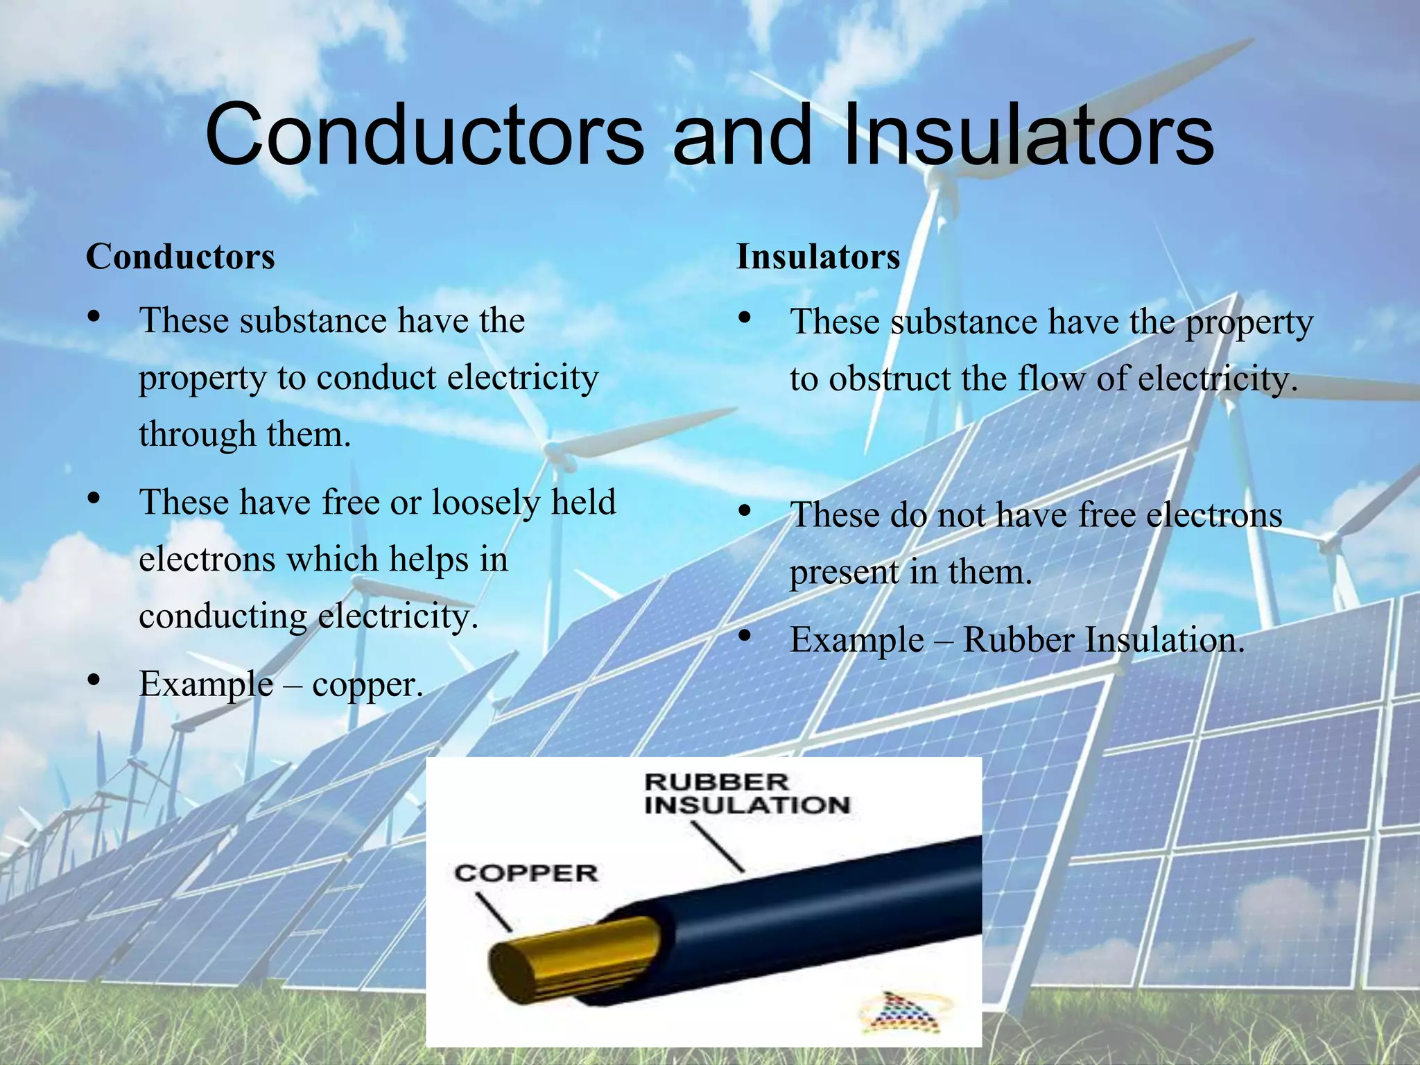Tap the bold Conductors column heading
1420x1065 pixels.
click(180, 257)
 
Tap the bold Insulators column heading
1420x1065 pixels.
click(818, 257)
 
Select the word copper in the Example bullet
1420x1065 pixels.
click(366, 685)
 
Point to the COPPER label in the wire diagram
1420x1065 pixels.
click(526, 873)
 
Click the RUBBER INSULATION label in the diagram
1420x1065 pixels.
click(747, 794)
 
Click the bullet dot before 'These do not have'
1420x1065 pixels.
click(745, 512)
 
